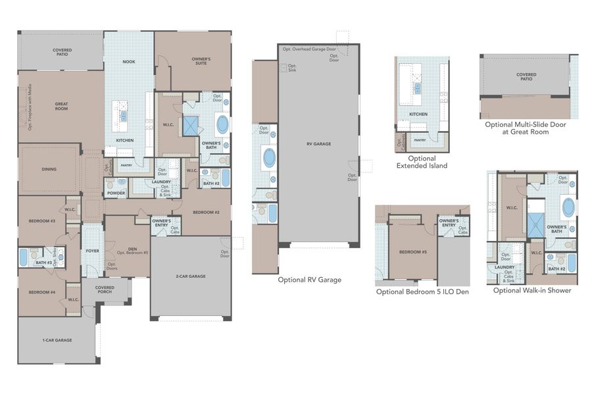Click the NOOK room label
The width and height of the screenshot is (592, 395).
point(129,62)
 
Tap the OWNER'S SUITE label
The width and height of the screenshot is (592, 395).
point(201,61)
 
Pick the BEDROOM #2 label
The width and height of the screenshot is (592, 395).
point(206,213)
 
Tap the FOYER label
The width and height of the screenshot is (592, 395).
point(92,251)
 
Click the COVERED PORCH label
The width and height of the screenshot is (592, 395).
point(105,290)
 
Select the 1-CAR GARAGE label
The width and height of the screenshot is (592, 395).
point(57,340)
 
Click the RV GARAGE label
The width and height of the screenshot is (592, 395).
point(318,143)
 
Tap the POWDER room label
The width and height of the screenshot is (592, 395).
point(116,194)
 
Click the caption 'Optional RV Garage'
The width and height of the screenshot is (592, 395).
point(309,280)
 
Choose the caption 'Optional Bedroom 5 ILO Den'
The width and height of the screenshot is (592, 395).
point(422,292)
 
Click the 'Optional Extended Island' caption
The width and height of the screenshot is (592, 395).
point(422,162)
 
